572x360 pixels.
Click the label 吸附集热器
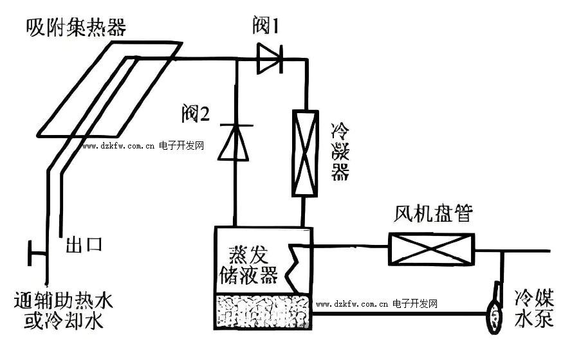click(x=75, y=28)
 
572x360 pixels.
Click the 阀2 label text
click(x=196, y=114)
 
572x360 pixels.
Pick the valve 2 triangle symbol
click(x=234, y=143)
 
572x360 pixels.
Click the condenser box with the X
click(x=304, y=153)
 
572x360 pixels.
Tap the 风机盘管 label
click(x=433, y=213)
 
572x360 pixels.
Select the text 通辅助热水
click(x=63, y=300)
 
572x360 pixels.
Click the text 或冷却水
click(x=63, y=321)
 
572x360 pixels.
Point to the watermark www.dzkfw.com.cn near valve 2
click(x=118, y=146)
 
